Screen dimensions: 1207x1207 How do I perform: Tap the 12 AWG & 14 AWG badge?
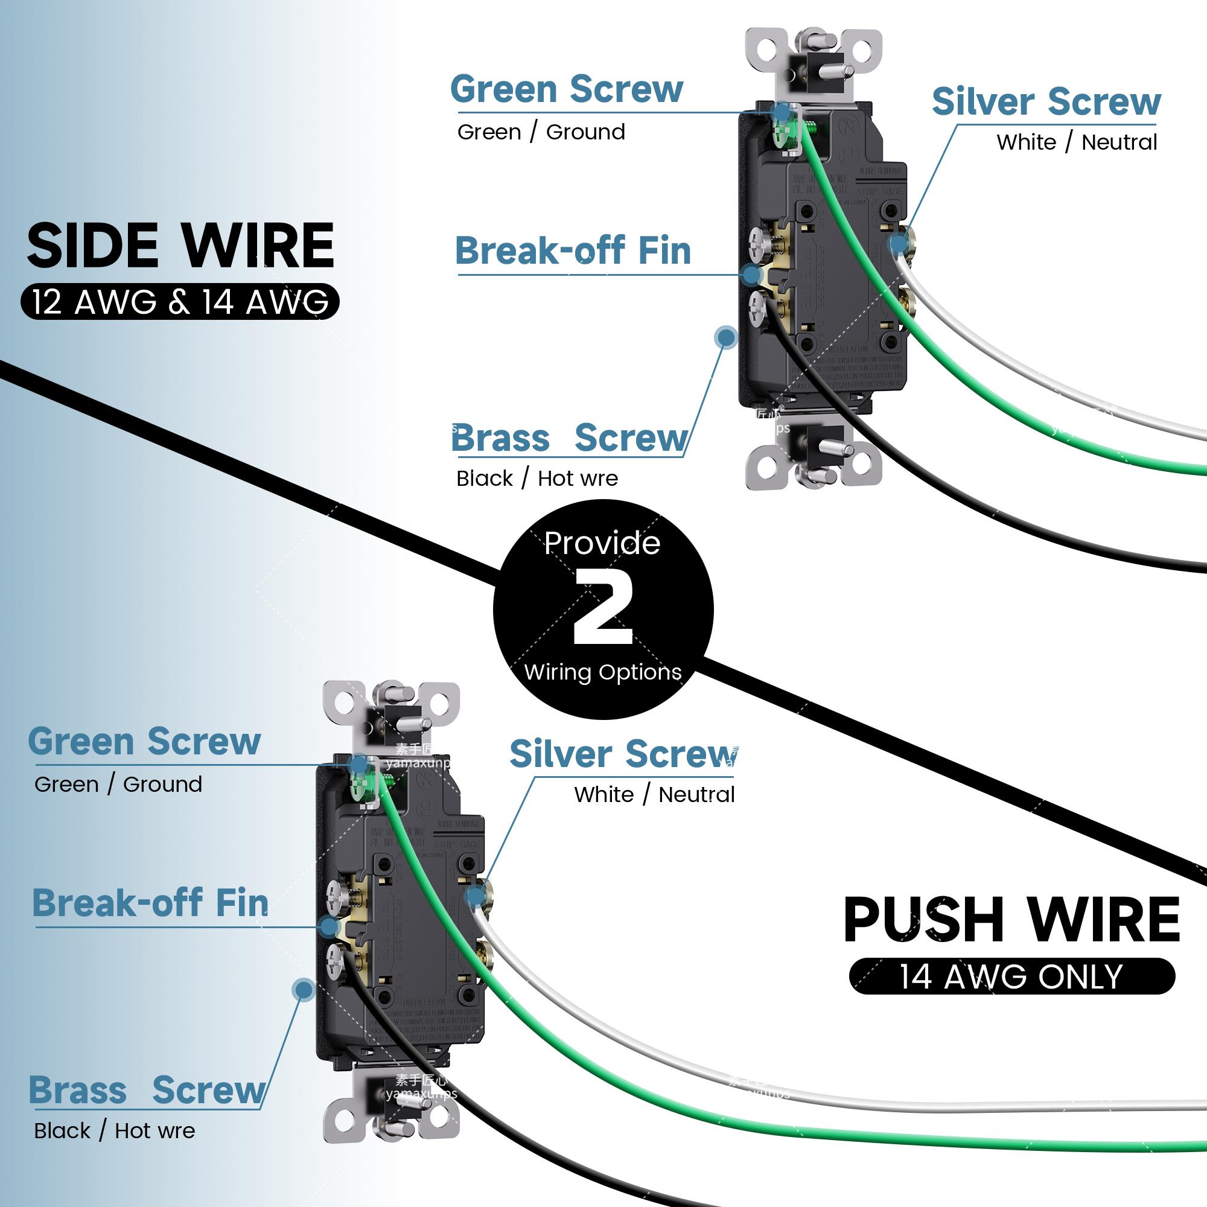(180, 302)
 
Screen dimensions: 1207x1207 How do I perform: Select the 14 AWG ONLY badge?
(1011, 976)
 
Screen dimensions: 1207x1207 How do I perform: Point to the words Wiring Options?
(603, 672)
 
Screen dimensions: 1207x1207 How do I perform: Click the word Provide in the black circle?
(602, 543)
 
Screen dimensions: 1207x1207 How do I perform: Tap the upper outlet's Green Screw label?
(567, 89)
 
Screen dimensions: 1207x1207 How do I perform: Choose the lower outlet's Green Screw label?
(144, 742)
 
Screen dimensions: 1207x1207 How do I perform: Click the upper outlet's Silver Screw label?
(1046, 101)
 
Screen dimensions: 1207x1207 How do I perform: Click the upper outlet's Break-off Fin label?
(573, 251)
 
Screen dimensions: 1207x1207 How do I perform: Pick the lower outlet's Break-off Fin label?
(150, 903)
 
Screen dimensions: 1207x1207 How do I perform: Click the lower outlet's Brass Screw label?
(147, 1091)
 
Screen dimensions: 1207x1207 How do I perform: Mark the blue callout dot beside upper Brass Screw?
(726, 337)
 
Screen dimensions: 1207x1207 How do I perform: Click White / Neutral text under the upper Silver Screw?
(1077, 142)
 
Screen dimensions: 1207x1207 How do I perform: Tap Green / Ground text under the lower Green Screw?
(118, 784)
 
